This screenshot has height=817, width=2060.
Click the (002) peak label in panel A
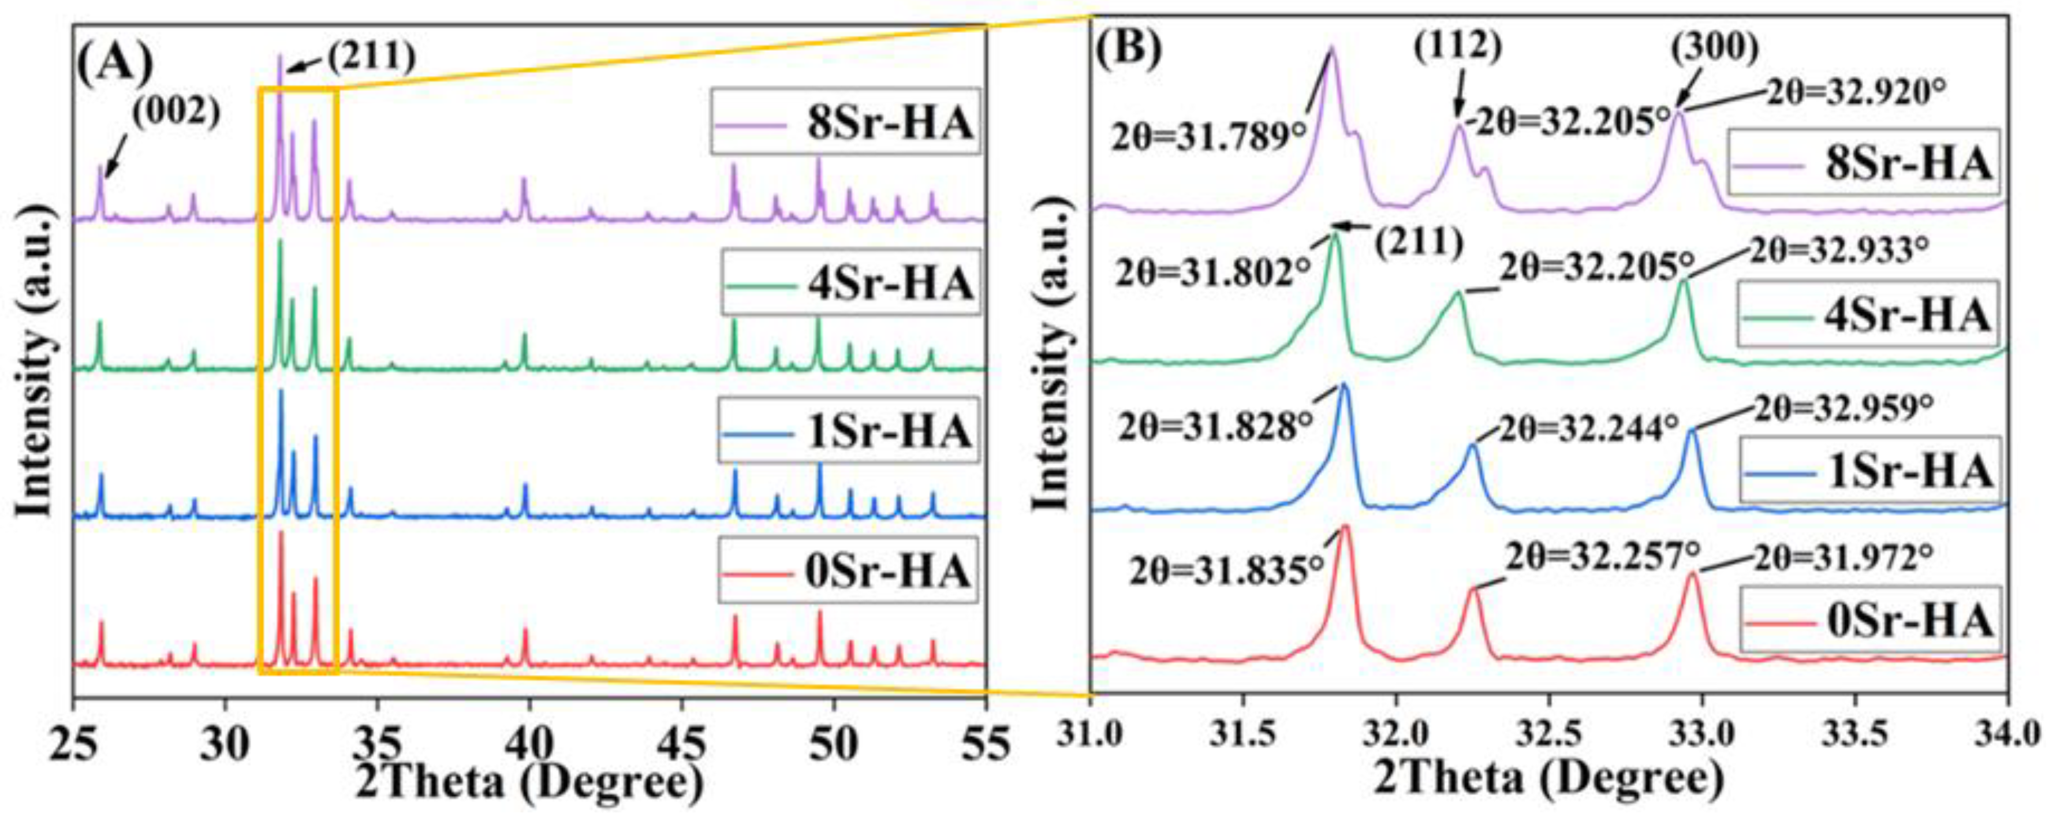[176, 114]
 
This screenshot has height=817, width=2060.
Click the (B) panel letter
[1128, 50]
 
